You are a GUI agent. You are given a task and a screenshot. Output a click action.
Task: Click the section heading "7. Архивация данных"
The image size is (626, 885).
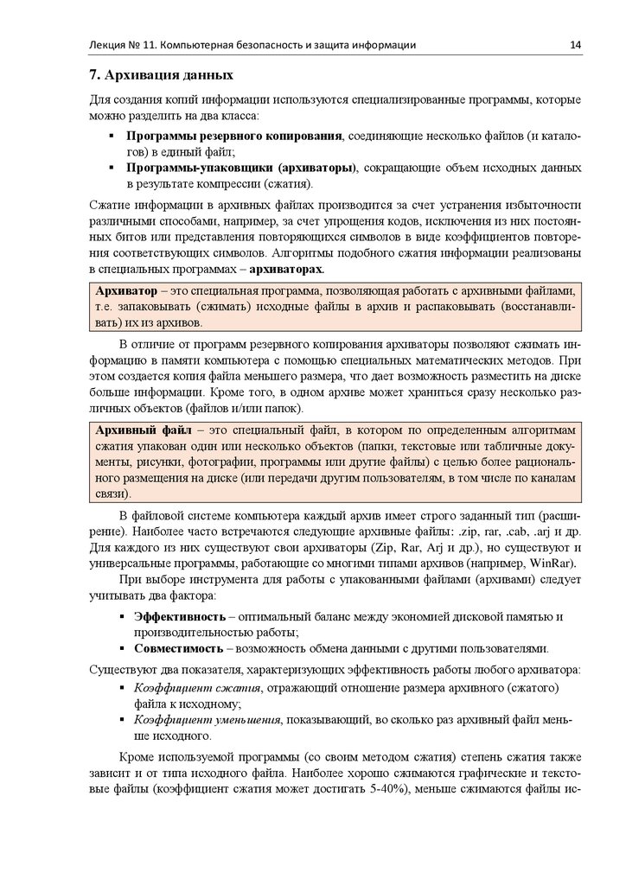tap(162, 76)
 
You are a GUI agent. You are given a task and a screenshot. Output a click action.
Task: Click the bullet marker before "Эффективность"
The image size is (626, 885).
tap(120, 616)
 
